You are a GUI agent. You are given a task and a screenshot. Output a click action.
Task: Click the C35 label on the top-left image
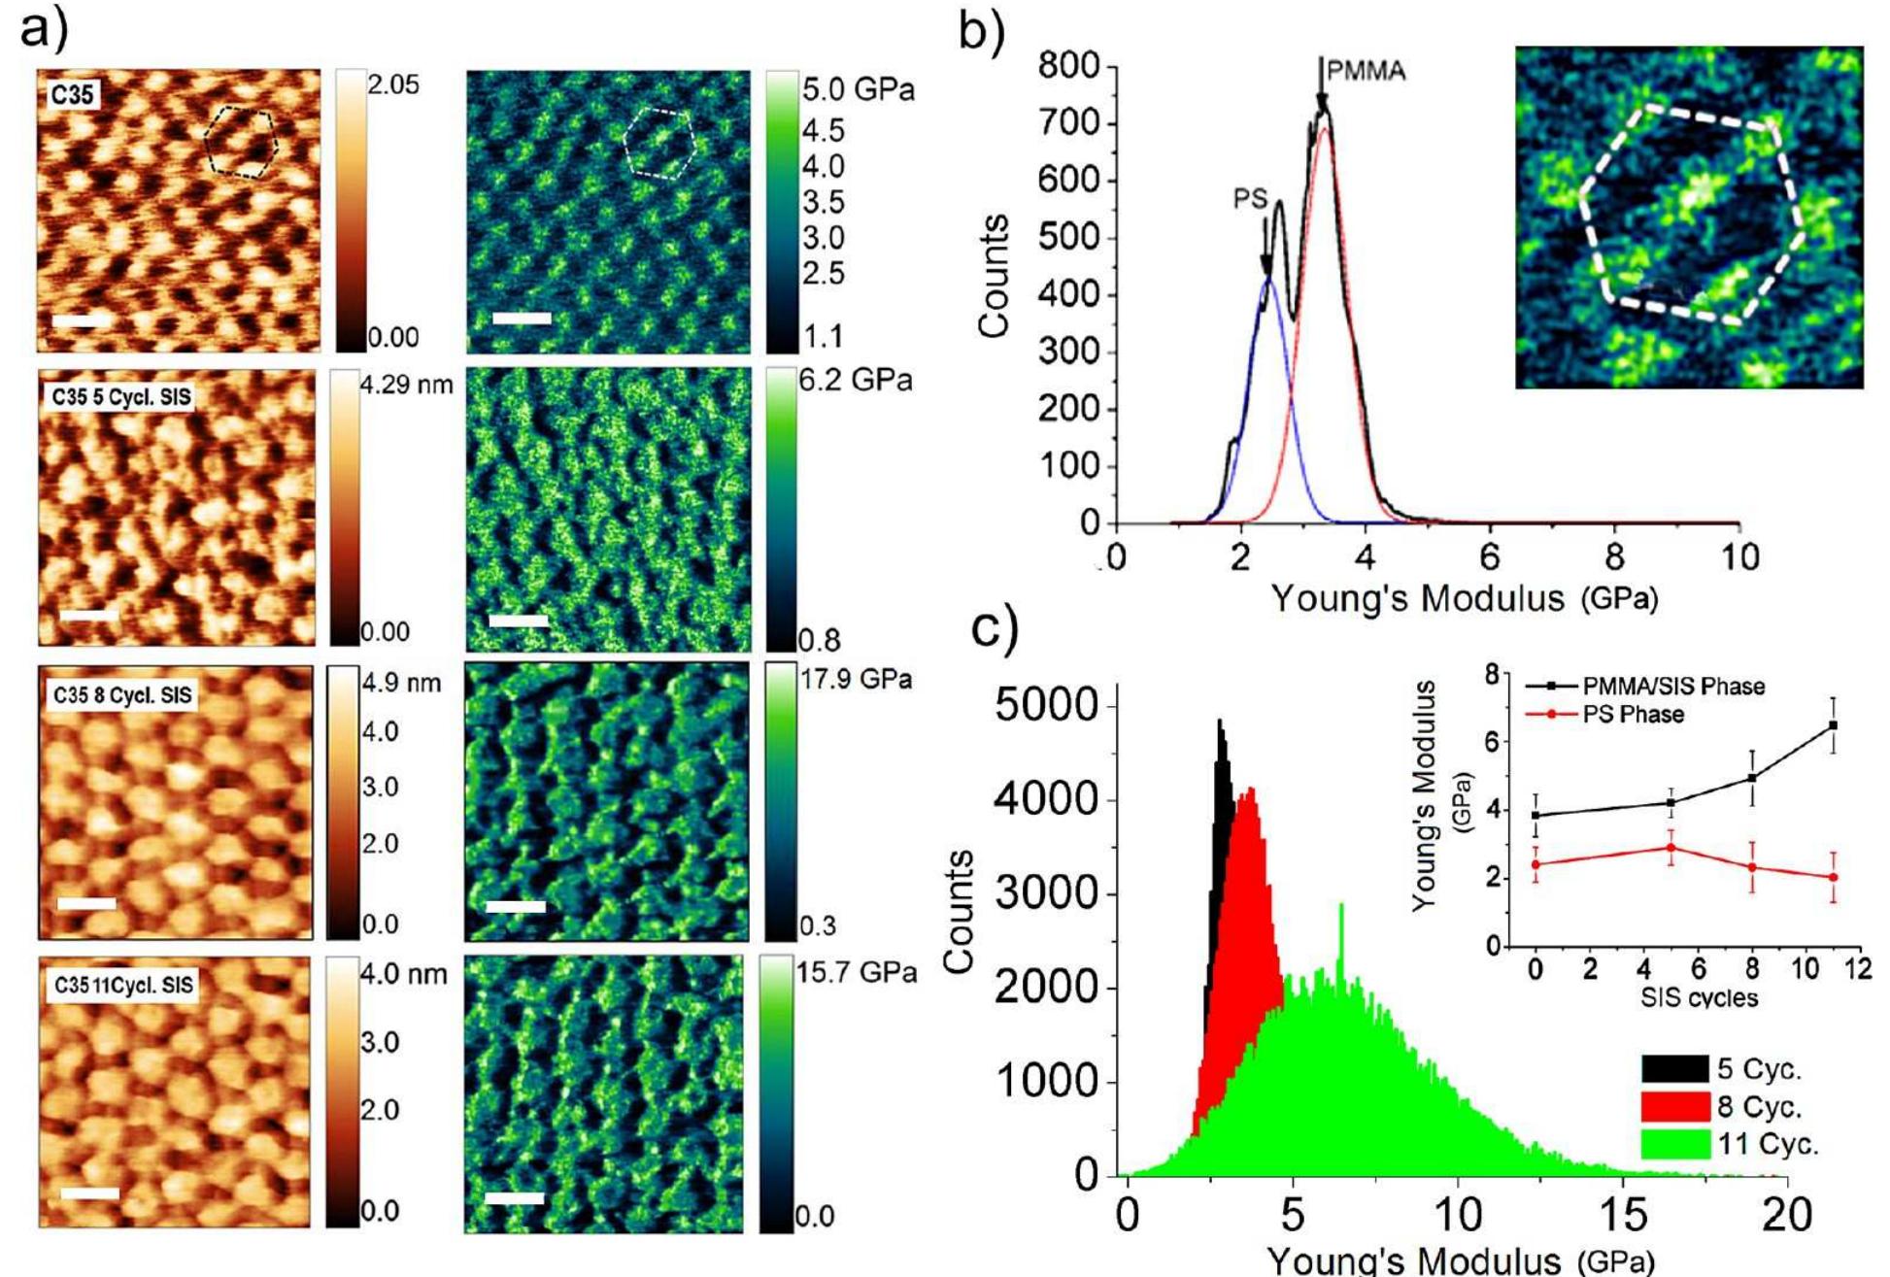pyautogui.click(x=73, y=95)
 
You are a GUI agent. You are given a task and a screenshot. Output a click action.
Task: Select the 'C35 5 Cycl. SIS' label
pyautogui.click(x=121, y=396)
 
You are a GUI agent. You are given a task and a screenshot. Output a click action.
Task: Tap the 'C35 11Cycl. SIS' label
pyautogui.click(x=123, y=985)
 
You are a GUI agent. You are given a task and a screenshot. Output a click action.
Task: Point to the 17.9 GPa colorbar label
pyautogui.click(x=856, y=679)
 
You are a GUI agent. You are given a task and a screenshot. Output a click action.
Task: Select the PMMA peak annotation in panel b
pyautogui.click(x=1366, y=71)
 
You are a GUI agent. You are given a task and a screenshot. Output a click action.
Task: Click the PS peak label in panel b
pyautogui.click(x=1250, y=198)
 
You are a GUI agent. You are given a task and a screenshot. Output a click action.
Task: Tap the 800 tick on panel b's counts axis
pyautogui.click(x=1068, y=67)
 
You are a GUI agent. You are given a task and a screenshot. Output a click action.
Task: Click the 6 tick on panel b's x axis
pyautogui.click(x=1489, y=557)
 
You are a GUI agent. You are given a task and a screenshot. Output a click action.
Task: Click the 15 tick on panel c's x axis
pyautogui.click(x=1623, y=1215)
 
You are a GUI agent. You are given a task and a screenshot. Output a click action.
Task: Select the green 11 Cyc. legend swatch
pyautogui.click(x=1675, y=1144)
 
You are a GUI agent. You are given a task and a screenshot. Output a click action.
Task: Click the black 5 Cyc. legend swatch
pyautogui.click(x=1675, y=1069)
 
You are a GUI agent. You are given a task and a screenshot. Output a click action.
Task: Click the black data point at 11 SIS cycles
pyautogui.click(x=1833, y=725)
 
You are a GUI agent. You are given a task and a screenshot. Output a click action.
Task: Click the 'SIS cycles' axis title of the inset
pyautogui.click(x=1699, y=997)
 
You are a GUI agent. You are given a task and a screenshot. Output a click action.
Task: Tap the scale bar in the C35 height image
pyautogui.click(x=82, y=320)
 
